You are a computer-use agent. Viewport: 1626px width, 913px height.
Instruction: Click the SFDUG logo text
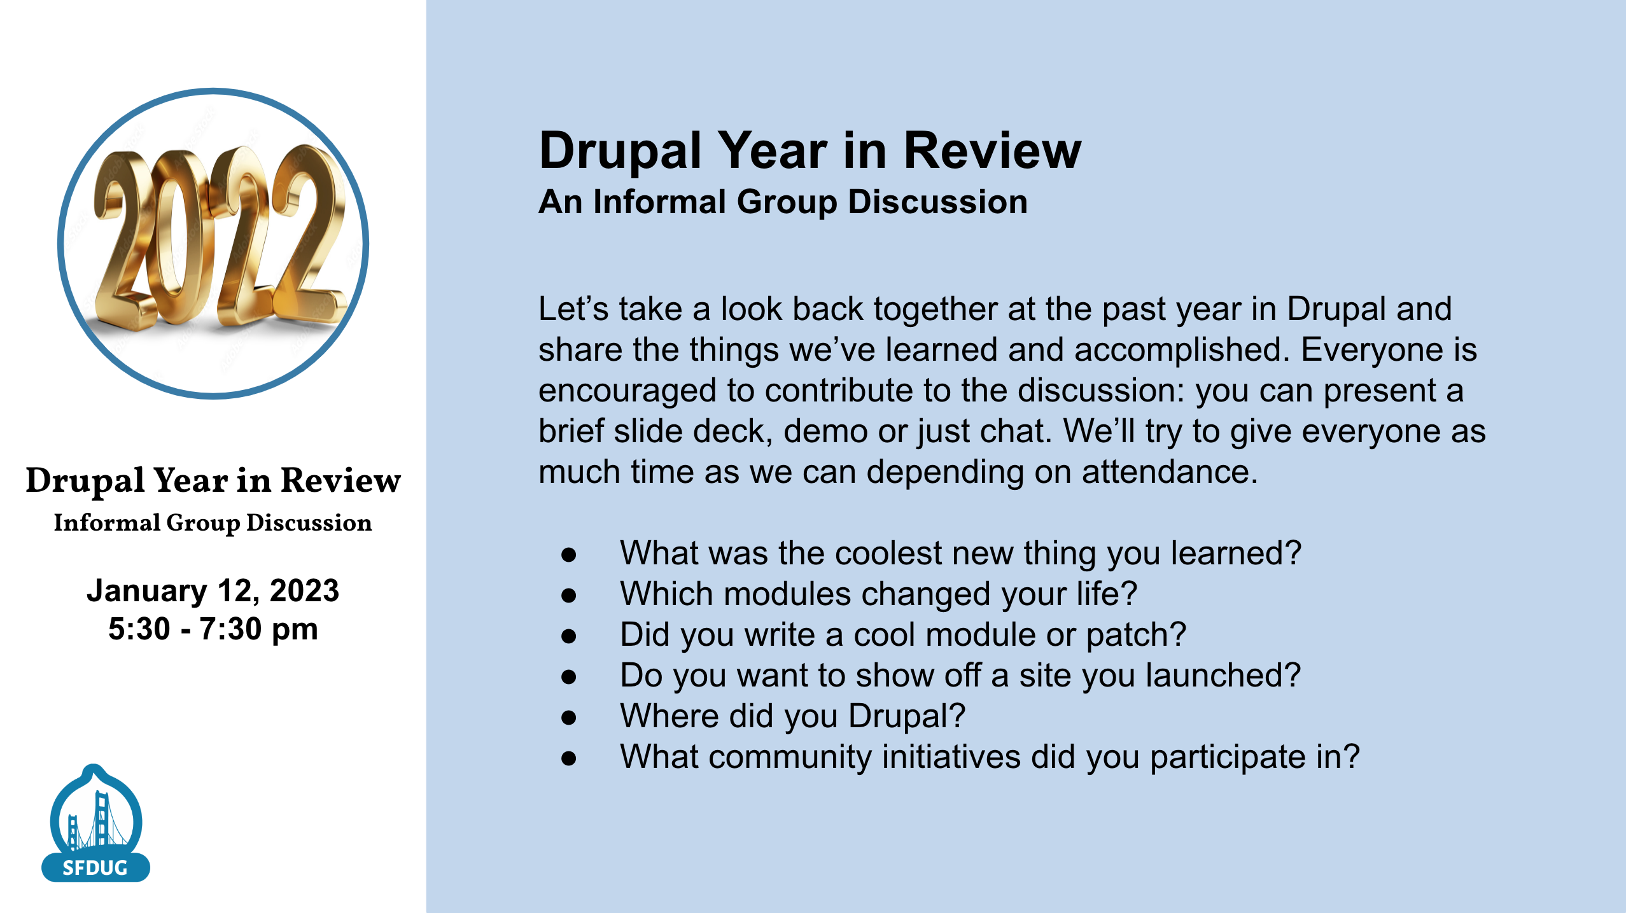pyautogui.click(x=95, y=868)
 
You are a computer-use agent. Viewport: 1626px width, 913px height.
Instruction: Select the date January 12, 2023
pyautogui.click(x=213, y=590)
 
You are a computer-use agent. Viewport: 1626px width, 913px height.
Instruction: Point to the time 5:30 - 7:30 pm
pyautogui.click(x=213, y=629)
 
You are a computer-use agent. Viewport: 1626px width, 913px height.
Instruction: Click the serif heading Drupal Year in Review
pyautogui.click(x=213, y=480)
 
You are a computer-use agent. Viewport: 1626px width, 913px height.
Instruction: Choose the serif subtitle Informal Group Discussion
pyautogui.click(x=213, y=523)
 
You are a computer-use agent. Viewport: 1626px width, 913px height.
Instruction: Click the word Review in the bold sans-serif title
pyautogui.click(x=992, y=151)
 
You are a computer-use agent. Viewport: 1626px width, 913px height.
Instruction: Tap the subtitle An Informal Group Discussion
pyautogui.click(x=783, y=202)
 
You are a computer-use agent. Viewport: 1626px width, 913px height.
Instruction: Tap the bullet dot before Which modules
pyautogui.click(x=568, y=595)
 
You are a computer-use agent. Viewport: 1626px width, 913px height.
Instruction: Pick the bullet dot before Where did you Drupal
pyautogui.click(x=568, y=717)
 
